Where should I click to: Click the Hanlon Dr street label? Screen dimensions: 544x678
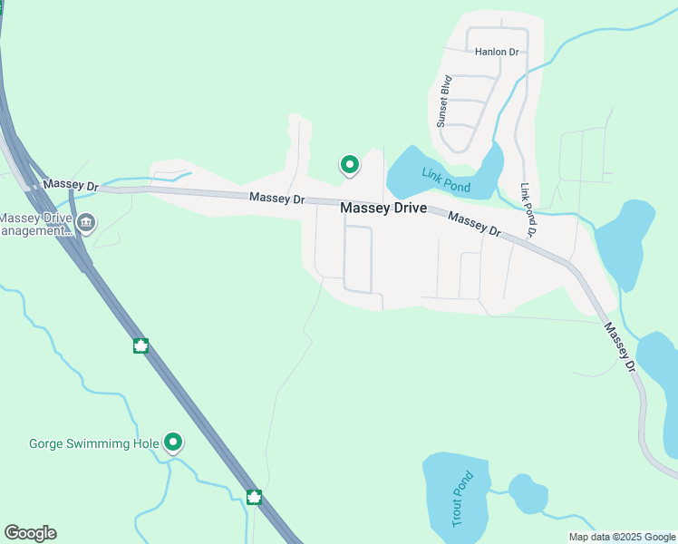[x=498, y=52]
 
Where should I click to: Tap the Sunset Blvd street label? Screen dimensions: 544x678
[x=444, y=100]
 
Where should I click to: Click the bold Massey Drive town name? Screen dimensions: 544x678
[x=383, y=208]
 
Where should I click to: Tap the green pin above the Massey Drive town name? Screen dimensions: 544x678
[x=349, y=164]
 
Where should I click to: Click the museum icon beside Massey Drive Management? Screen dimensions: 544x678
[x=86, y=223]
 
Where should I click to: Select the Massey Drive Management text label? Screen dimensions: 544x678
[x=36, y=224]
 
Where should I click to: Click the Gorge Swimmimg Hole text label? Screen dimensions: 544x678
[x=94, y=443]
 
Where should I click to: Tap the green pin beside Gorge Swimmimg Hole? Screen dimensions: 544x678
[x=172, y=442]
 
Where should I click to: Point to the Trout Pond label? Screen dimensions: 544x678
[x=461, y=499]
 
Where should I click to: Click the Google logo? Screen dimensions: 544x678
[x=30, y=533]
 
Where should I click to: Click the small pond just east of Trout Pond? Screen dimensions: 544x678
[x=528, y=494]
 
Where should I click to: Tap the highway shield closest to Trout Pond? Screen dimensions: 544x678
[x=254, y=497]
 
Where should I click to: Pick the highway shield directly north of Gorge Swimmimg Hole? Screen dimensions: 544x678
[x=140, y=345]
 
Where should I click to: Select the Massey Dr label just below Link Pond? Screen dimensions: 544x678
[x=474, y=224]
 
